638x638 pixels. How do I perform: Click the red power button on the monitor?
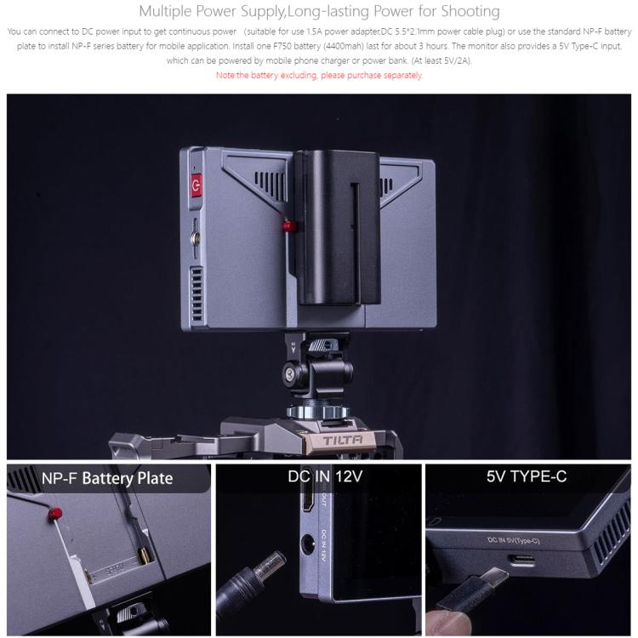coord(197,185)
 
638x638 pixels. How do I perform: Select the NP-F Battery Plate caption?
coord(107,478)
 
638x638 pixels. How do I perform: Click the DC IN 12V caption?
coord(325,476)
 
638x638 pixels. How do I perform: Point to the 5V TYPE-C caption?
coord(527,476)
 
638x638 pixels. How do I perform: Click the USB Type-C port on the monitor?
coord(523,561)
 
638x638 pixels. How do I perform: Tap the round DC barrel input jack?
coord(308,544)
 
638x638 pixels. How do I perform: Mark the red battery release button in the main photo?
coord(288,226)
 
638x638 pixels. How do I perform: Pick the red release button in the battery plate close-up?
coord(55,514)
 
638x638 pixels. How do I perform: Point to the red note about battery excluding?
coord(319,75)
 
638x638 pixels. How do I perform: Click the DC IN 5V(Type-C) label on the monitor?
coord(513,540)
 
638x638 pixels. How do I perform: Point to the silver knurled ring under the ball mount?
coord(317,412)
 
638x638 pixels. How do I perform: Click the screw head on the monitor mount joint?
coord(290,373)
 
